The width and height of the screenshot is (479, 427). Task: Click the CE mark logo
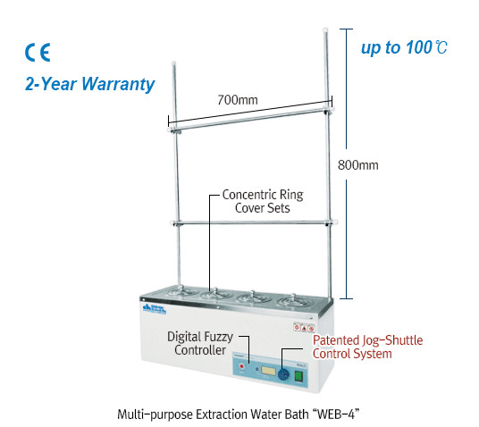coord(38,53)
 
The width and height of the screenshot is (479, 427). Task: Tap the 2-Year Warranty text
coord(89,84)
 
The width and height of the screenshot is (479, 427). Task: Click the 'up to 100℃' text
coord(404,48)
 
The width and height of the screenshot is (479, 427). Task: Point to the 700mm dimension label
coord(238,100)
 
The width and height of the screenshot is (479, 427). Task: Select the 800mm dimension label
coord(357,165)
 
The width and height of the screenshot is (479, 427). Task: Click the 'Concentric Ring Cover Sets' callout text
coord(263,201)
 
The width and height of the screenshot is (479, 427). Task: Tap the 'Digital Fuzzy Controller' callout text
coord(200,343)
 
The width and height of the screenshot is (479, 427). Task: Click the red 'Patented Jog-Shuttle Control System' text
coord(367,347)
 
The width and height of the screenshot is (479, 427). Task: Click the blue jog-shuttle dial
coord(283,374)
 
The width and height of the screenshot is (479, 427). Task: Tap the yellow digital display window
coord(268,372)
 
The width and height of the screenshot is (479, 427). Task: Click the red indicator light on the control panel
coord(242,366)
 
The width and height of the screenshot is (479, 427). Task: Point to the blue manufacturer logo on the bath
coord(155,309)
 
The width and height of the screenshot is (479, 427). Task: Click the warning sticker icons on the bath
coord(304,327)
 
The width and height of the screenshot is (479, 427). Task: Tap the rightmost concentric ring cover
coord(293,301)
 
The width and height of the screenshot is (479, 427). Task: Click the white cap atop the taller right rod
coord(325,30)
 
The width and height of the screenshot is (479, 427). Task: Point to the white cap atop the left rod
coord(174,63)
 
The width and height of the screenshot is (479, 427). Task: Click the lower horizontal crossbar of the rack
coord(254,223)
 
